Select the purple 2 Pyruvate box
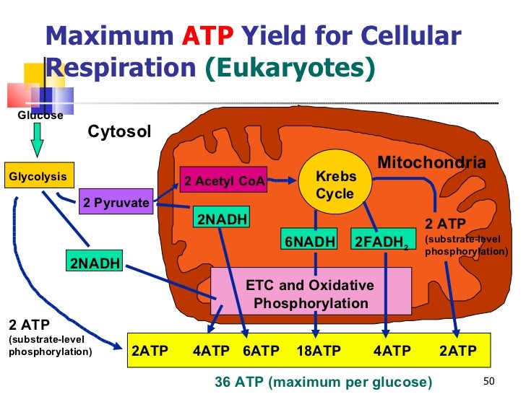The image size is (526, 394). pos(116,202)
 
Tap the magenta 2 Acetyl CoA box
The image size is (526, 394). pos(225,182)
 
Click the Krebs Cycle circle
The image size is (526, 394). pos(335,185)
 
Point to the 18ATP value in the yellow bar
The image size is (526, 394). pos(319,351)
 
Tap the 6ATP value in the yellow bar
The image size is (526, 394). pos(261,351)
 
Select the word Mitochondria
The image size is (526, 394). pos(431,163)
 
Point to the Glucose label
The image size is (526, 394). pos(40,115)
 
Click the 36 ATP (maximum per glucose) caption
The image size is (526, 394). pos(323,381)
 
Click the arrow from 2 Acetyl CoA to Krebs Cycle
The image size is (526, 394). pos(285,180)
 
